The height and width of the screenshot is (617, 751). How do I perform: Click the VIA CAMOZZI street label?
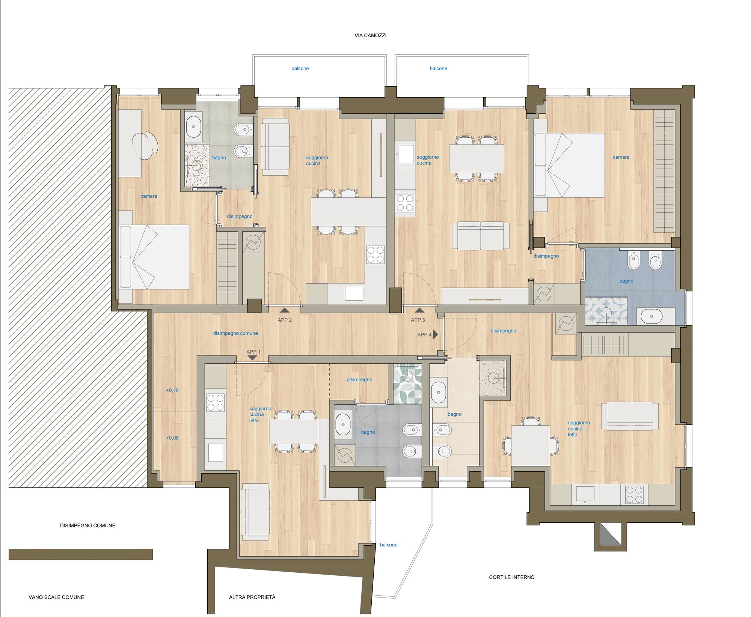tap(370, 36)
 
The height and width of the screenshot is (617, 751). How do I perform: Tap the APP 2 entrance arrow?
tap(284, 310)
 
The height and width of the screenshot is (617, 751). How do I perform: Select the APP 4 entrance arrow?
tap(436, 334)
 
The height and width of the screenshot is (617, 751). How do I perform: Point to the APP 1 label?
tap(253, 352)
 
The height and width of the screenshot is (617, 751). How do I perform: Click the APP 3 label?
tap(418, 320)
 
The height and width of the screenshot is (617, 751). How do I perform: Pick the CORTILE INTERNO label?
tap(511, 577)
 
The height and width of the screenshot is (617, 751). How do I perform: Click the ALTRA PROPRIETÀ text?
tap(252, 597)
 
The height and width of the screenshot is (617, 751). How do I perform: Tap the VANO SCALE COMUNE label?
tap(56, 597)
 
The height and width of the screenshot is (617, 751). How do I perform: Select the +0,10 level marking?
tap(172, 390)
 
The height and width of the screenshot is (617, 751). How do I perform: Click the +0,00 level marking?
tap(172, 438)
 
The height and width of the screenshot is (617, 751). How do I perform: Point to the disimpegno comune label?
tap(235, 333)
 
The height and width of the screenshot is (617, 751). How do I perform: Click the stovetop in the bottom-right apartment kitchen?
tap(634, 495)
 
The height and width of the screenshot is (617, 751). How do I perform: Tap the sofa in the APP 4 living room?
tap(630, 416)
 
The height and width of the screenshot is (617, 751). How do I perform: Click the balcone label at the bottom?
tap(389, 545)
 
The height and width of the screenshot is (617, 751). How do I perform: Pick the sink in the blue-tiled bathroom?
tap(651, 316)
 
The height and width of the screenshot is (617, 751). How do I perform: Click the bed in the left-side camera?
tap(154, 257)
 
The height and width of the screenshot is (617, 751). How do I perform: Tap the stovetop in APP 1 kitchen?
tap(215, 403)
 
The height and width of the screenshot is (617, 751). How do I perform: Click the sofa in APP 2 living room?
tap(275, 147)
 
